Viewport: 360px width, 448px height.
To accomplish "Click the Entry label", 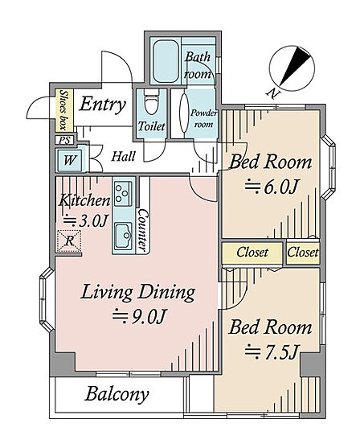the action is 102,105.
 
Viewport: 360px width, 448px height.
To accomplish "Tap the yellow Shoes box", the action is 64,110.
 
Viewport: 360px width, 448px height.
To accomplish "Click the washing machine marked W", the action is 69,160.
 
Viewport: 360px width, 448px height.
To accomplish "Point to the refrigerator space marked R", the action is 69,241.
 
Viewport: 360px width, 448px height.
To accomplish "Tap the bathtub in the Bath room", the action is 166,61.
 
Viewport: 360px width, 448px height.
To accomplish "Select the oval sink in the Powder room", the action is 184,113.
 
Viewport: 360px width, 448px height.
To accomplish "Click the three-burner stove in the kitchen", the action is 123,194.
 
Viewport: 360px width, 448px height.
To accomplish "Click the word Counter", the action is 143,229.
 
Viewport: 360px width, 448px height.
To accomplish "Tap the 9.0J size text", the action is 140,315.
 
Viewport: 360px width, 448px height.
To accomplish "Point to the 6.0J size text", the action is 272,187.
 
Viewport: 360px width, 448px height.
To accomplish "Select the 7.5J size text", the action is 272,351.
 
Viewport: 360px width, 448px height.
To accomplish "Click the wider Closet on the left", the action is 252,253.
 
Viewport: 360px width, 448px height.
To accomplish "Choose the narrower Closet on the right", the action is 303,253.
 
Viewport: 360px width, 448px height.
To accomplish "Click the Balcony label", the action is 117,394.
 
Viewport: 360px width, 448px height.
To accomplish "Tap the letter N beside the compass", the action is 272,92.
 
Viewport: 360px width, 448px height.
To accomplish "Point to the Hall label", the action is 123,157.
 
